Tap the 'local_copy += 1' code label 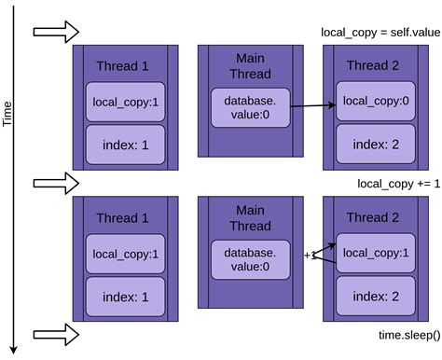tap(395, 184)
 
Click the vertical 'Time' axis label tap(8, 112)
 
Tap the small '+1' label tap(310, 255)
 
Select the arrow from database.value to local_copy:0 tap(311, 106)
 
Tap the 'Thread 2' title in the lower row tap(372, 217)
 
